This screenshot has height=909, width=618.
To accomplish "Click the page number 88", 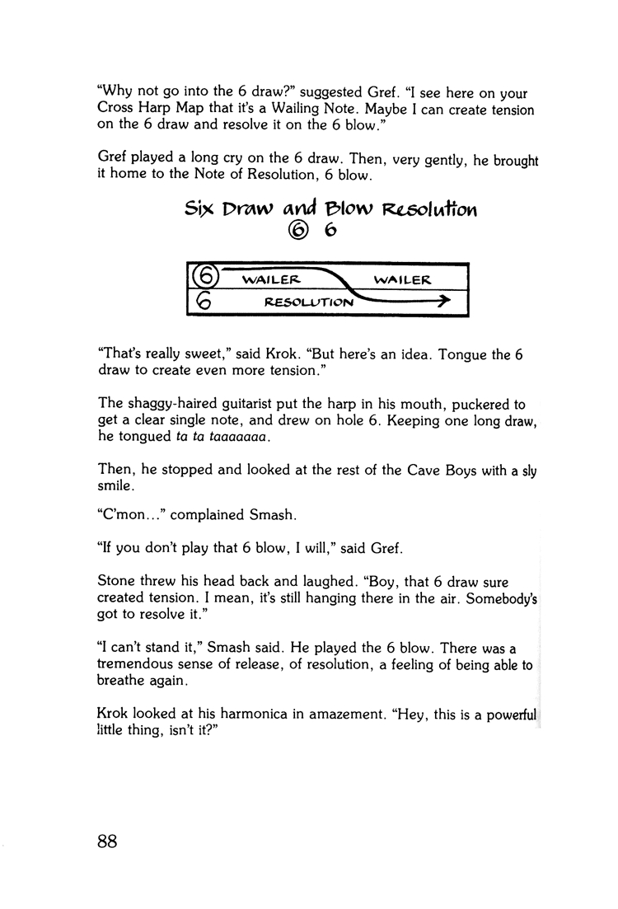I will click(x=109, y=841).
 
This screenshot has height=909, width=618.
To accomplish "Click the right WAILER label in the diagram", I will click(x=402, y=280).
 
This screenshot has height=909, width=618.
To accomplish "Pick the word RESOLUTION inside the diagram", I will click(x=309, y=302).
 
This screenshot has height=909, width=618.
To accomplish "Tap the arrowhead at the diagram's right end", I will click(x=445, y=302).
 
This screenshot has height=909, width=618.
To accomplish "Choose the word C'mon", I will click(x=126, y=516).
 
